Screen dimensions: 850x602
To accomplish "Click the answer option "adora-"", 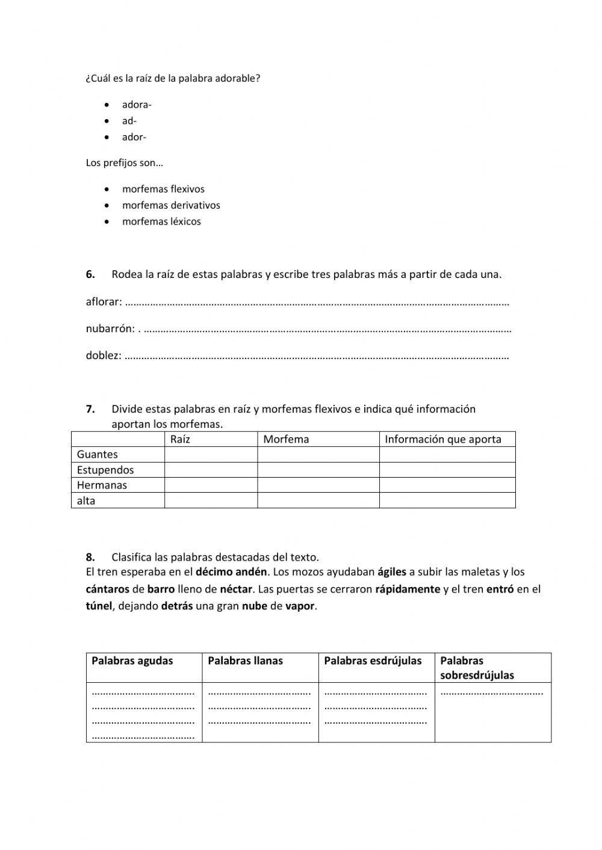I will [x=137, y=105].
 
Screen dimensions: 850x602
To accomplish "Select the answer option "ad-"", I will [x=129, y=121].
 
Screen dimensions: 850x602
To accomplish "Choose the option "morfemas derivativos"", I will [x=171, y=205].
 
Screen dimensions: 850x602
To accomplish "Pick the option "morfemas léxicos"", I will [x=161, y=221].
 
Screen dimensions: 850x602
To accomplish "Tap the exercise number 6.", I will [x=90, y=274].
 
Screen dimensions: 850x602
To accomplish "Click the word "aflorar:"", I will [x=104, y=301].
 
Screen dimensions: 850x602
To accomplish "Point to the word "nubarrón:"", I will [x=110, y=328].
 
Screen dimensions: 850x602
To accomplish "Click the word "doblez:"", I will [x=103, y=355].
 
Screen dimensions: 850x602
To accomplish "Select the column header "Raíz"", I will [x=180, y=439].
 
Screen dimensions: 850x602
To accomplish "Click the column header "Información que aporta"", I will [x=443, y=439].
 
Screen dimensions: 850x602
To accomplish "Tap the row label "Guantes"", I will [x=97, y=455].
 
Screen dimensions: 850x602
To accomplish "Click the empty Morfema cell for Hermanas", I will [x=318, y=485].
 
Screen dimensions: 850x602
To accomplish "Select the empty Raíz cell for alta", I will [x=211, y=500].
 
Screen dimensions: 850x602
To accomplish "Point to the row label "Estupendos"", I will [x=105, y=470].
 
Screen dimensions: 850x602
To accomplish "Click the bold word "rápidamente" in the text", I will [x=408, y=589].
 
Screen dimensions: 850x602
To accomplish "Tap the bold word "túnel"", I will [x=99, y=606].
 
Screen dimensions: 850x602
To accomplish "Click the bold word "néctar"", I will [x=236, y=589].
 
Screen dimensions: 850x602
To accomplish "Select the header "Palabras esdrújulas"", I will [x=373, y=661].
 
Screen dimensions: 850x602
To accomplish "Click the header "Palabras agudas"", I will [x=132, y=661].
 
